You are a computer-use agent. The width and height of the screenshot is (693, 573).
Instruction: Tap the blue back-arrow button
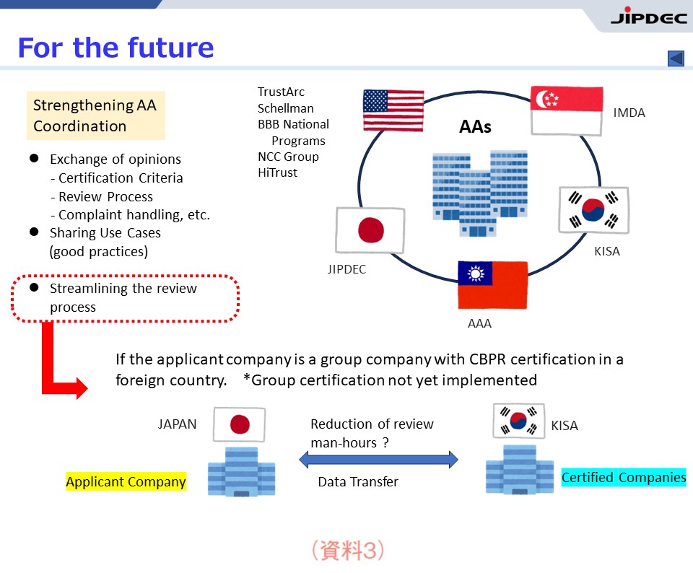pyautogui.click(x=676, y=58)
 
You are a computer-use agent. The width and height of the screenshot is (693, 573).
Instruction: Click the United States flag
pyautogui.click(x=393, y=110)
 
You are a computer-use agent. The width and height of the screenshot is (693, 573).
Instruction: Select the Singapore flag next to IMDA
pyautogui.click(x=567, y=110)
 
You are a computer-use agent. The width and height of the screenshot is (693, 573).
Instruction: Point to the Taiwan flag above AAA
pyautogui.click(x=493, y=285)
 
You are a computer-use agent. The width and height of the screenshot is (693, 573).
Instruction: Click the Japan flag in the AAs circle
pyautogui.click(x=370, y=230)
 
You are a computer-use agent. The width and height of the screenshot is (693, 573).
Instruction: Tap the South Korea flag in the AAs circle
pyautogui.click(x=593, y=210)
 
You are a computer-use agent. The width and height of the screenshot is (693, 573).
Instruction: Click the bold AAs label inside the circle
pyautogui.click(x=475, y=127)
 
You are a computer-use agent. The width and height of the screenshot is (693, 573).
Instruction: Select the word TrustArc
pyautogui.click(x=281, y=92)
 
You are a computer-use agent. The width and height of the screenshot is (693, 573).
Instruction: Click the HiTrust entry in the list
pyautogui.click(x=277, y=172)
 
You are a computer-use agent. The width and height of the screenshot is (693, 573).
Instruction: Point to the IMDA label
pyautogui.click(x=629, y=113)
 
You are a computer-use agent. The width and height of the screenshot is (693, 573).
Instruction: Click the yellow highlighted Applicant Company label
pyautogui.click(x=126, y=481)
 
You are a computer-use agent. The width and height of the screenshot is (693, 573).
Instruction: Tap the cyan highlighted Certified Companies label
pyautogui.click(x=624, y=478)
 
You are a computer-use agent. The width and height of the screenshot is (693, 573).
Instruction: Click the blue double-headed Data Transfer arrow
pyautogui.click(x=378, y=460)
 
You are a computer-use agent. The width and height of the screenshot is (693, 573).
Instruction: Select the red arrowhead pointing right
pyautogui.click(x=82, y=388)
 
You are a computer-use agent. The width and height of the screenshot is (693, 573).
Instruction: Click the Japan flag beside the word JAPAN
pyautogui.click(x=239, y=424)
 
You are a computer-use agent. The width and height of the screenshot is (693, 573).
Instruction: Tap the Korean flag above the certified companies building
pyautogui.click(x=519, y=421)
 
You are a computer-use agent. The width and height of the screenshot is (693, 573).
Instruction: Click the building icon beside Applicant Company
pyautogui.click(x=241, y=471)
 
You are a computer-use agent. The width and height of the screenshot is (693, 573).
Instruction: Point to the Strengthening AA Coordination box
pyautogui.click(x=96, y=115)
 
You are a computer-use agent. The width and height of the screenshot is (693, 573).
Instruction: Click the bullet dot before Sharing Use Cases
pyautogui.click(x=34, y=232)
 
